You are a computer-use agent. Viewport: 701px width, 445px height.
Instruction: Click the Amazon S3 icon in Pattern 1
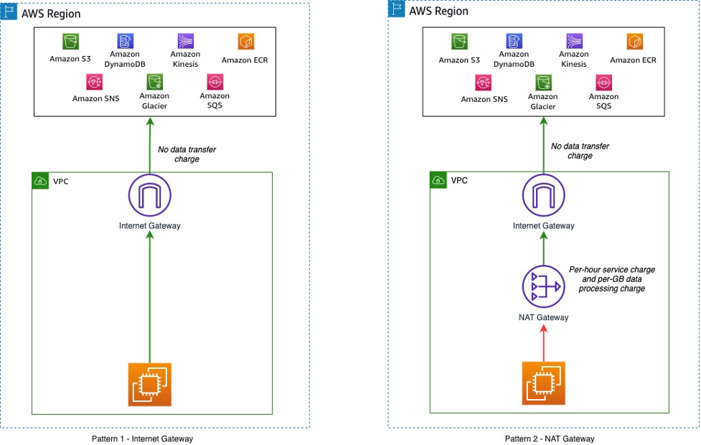(70, 41)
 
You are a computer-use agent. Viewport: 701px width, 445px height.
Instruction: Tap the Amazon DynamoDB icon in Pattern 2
(514, 41)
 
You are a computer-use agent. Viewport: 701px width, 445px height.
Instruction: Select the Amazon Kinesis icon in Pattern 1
(185, 40)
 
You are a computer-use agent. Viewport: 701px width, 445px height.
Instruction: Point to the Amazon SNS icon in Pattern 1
(96, 82)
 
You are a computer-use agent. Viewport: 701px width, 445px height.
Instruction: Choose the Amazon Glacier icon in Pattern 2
(542, 82)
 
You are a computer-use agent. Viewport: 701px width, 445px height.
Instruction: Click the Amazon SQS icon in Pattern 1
(214, 82)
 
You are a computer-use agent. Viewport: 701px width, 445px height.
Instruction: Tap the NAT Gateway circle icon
(543, 286)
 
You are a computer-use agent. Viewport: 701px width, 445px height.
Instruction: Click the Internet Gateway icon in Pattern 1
(149, 195)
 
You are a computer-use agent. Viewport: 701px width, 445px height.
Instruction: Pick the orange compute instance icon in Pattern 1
(149, 383)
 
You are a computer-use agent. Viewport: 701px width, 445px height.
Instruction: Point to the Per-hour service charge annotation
(611, 278)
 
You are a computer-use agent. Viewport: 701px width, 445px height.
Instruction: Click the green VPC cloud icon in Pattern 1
(41, 181)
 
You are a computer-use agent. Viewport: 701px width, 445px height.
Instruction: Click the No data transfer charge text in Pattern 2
(579, 151)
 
